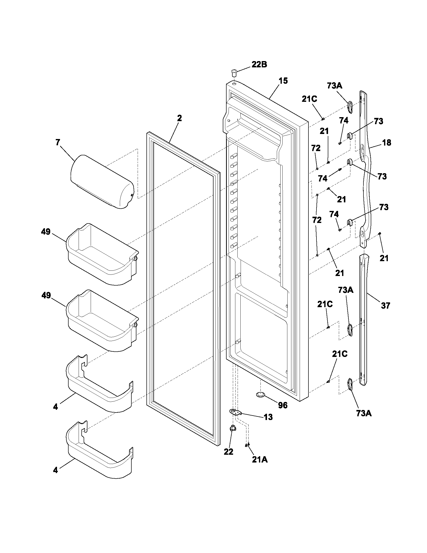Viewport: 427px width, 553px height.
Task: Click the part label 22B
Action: click(x=259, y=65)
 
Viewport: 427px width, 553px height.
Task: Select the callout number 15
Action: click(x=283, y=81)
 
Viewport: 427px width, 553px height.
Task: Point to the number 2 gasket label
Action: click(x=179, y=118)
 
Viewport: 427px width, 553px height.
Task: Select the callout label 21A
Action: click(x=260, y=459)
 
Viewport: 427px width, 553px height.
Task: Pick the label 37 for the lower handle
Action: click(x=386, y=306)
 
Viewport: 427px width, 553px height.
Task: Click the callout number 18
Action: click(x=387, y=143)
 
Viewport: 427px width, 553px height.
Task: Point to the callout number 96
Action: click(x=283, y=405)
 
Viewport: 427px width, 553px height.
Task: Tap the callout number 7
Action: click(x=58, y=143)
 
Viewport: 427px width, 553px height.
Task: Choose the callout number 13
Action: click(x=268, y=417)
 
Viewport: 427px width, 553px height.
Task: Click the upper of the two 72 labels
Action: click(x=316, y=148)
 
